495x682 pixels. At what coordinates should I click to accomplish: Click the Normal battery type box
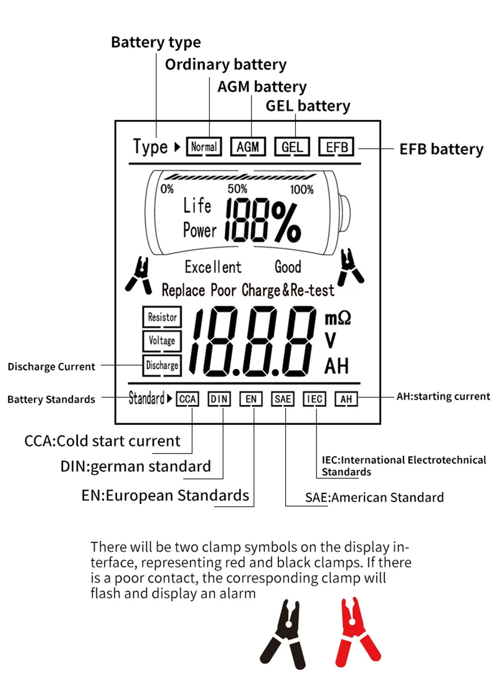203,147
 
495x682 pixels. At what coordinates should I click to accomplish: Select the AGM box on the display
247,147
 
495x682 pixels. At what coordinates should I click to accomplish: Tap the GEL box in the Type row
292,147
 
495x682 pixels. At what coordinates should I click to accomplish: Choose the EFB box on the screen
336,147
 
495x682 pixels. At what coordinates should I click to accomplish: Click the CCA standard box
187,399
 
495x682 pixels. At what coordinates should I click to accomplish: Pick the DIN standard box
219,399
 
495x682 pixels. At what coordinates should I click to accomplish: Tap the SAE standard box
283,399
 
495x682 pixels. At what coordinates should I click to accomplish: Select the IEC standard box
314,399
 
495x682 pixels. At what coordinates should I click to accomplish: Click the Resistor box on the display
162,317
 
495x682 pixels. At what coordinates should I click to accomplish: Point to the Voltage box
162,341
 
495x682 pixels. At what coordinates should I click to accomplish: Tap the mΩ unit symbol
338,318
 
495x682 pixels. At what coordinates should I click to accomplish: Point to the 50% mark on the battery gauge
237,189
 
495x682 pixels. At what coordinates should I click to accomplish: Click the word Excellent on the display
213,267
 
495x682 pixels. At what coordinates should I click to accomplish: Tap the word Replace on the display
183,290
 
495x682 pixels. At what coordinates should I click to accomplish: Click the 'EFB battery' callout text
441,149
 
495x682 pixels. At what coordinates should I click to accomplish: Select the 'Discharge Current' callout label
51,367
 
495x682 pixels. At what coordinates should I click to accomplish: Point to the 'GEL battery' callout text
307,106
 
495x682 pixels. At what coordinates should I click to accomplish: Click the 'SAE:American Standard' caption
374,497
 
